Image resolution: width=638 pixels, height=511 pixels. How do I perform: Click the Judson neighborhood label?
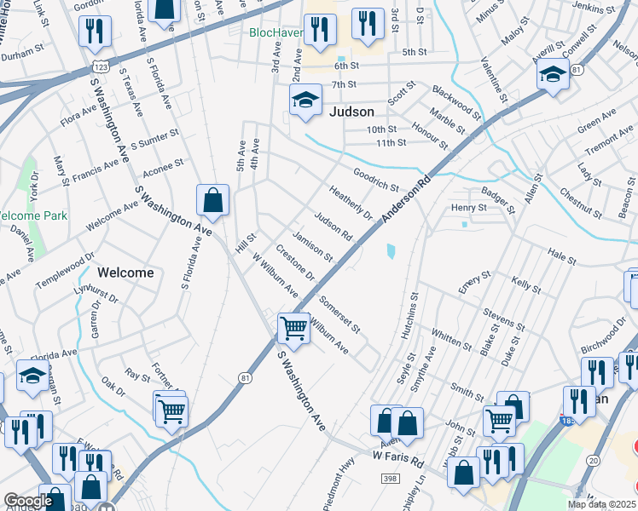(x=351, y=112)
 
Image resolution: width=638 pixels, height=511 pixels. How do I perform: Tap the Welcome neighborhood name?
(x=125, y=273)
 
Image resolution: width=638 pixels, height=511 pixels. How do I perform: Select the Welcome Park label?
(x=32, y=215)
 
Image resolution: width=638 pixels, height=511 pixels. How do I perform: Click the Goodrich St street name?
(x=376, y=180)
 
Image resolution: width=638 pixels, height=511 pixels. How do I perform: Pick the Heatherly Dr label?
(x=351, y=202)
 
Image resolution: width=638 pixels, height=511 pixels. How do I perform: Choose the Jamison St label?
(x=312, y=245)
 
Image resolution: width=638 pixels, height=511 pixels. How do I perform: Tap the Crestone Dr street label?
(x=295, y=263)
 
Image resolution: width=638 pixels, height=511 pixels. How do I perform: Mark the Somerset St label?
(x=339, y=314)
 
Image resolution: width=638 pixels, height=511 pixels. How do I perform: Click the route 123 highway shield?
(x=100, y=65)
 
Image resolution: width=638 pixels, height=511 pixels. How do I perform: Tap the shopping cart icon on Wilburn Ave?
(x=293, y=328)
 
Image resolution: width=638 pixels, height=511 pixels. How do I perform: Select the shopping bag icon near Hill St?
(x=212, y=201)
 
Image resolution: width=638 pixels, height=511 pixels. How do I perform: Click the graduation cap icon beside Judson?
(x=304, y=100)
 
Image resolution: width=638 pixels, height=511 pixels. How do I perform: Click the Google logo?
(x=27, y=501)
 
